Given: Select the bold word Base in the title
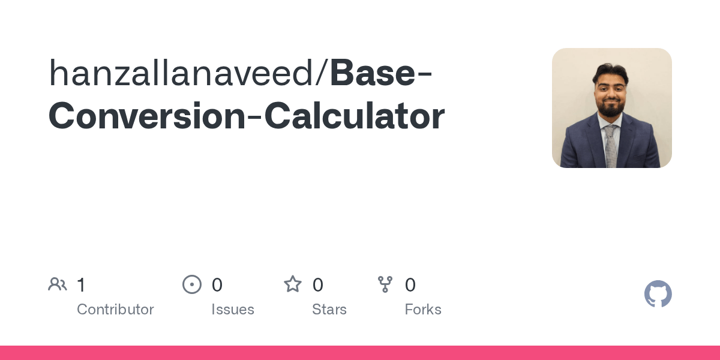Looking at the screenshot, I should pyautogui.click(x=372, y=73).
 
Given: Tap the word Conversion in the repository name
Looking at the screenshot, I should pyautogui.click(x=146, y=116).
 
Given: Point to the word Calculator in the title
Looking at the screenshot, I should pyautogui.click(x=354, y=116).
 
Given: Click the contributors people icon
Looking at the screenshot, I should pyautogui.click(x=58, y=284).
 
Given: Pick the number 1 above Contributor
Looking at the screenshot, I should pyautogui.click(x=81, y=285).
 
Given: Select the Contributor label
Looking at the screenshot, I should pyautogui.click(x=115, y=310).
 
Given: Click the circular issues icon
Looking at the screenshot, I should pyautogui.click(x=192, y=284).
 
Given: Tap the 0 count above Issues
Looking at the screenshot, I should pyautogui.click(x=217, y=285).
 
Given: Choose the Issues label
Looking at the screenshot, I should pyautogui.click(x=233, y=310).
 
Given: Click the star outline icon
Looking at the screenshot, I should pyautogui.click(x=293, y=284).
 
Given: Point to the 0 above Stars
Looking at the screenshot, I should pyautogui.click(x=318, y=285).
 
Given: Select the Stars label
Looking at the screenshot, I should pyautogui.click(x=329, y=310).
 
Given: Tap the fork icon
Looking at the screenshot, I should pyautogui.click(x=385, y=284).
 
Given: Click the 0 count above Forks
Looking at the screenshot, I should pyautogui.click(x=410, y=285).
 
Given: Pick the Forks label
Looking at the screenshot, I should pyautogui.click(x=423, y=310).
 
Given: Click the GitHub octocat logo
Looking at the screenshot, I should pyautogui.click(x=658, y=294).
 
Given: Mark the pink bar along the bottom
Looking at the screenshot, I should pyautogui.click(x=360, y=353).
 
